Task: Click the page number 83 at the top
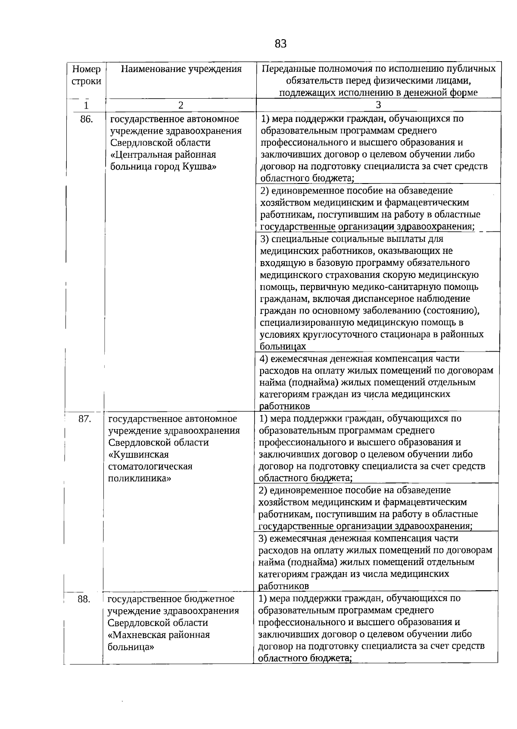[x=280, y=44]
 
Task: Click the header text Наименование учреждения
[x=181, y=69]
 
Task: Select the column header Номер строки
[x=87, y=75]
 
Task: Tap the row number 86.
[x=87, y=119]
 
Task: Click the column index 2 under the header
[x=181, y=105]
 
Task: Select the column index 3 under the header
[x=378, y=105]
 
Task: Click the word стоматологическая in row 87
[x=150, y=467]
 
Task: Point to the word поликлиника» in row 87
[x=139, y=478]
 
